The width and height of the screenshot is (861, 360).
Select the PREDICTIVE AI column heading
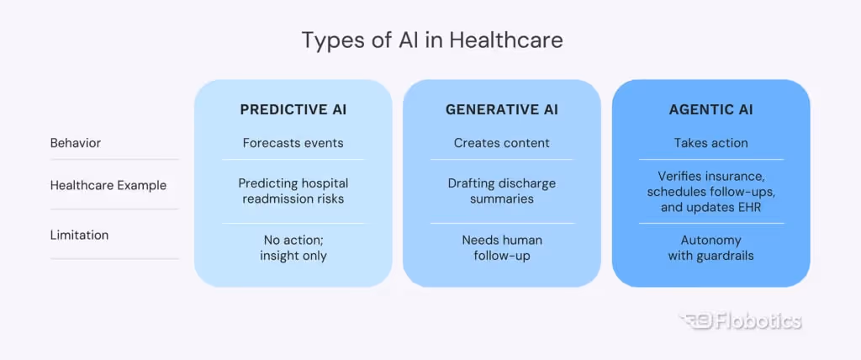[293, 109]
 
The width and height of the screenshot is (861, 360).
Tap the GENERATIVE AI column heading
[502, 109]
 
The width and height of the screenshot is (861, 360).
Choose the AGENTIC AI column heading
[710, 109]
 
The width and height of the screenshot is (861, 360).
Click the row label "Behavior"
[76, 143]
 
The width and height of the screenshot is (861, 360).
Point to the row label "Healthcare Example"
[108, 185]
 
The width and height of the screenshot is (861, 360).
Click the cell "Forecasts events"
[293, 143]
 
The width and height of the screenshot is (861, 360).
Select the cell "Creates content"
[502, 143]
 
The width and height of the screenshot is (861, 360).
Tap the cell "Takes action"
[710, 143]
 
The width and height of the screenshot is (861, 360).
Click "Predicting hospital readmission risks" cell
[293, 191]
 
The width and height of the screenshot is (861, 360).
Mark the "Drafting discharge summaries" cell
[502, 191]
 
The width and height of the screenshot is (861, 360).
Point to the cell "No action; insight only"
[293, 248]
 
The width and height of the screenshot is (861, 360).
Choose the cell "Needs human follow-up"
[502, 248]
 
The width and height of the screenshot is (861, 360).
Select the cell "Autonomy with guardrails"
[710, 248]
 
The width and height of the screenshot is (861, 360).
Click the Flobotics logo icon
[695, 320]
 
